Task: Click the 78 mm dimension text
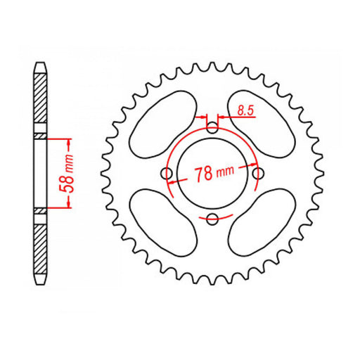click(214, 174)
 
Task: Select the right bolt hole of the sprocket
click(259, 173)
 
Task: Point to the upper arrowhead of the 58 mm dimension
click(68, 140)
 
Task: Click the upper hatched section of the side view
click(41, 98)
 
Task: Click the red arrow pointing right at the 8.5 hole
click(205, 117)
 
